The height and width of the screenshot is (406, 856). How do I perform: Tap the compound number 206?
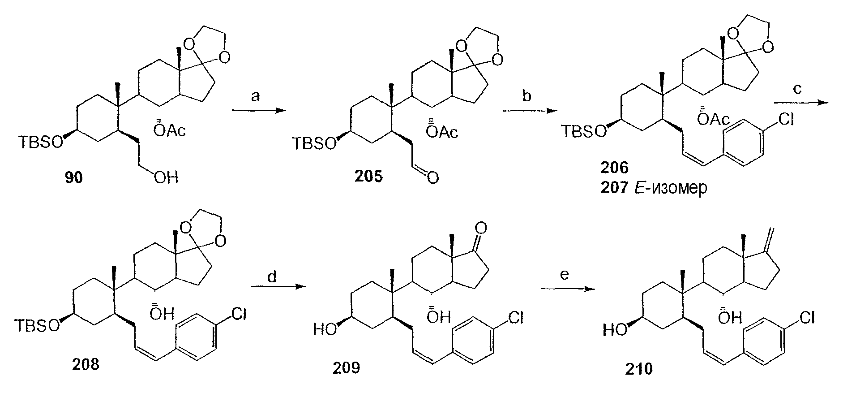coord(615,168)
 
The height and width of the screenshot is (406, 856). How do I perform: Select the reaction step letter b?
coord(526,96)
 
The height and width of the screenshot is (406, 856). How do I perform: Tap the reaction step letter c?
coord(797,89)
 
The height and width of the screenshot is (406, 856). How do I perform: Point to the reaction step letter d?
coord(272,276)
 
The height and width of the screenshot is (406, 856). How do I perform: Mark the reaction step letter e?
coord(565,274)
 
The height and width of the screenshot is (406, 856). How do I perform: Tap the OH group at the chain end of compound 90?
coord(166,178)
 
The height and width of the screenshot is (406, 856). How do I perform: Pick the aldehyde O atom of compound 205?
coord(432,179)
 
